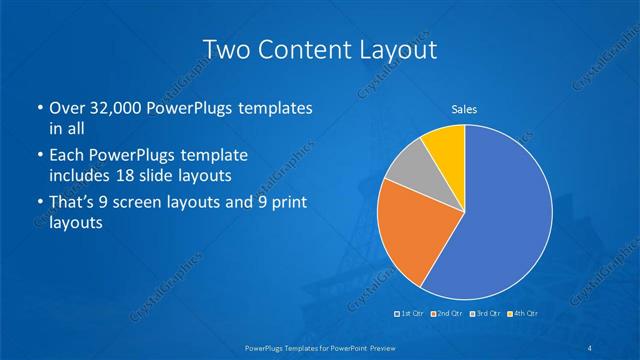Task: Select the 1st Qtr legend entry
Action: [x=411, y=313]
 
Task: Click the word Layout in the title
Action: [x=394, y=49]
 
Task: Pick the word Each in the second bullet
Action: [x=66, y=157]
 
